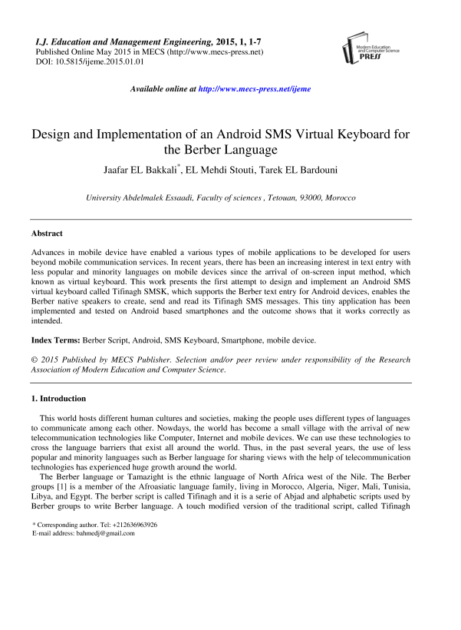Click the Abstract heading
(47, 233)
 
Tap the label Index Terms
(57, 339)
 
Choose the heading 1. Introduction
(58, 399)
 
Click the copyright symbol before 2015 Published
(34, 360)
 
